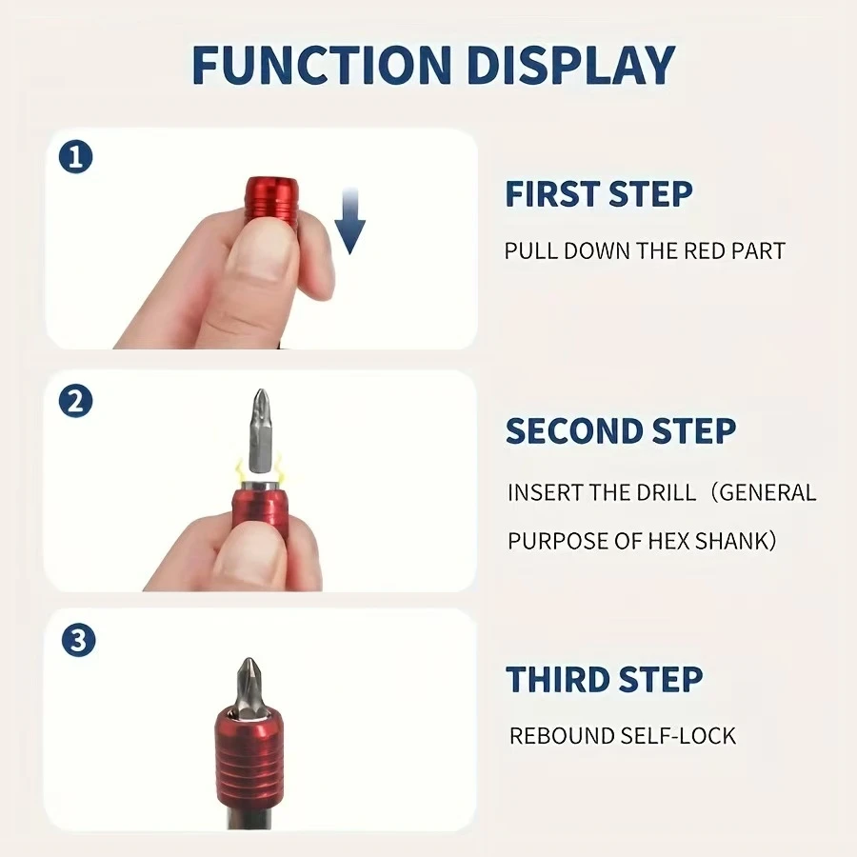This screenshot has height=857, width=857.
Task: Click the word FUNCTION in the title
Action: (322, 65)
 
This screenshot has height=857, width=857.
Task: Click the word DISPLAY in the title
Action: (571, 65)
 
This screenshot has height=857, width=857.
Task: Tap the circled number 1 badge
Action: (75, 157)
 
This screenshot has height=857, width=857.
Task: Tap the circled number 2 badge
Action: (75, 402)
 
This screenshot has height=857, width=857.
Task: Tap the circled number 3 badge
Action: (78, 640)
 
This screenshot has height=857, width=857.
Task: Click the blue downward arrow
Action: (349, 221)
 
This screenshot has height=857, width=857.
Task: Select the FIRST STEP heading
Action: (599, 193)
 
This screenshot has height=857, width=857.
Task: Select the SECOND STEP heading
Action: (620, 430)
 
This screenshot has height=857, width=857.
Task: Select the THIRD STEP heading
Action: (604, 679)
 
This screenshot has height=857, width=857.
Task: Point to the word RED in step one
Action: (704, 250)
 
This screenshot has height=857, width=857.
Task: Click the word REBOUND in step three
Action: (561, 736)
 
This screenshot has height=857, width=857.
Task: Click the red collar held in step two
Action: (261, 511)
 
